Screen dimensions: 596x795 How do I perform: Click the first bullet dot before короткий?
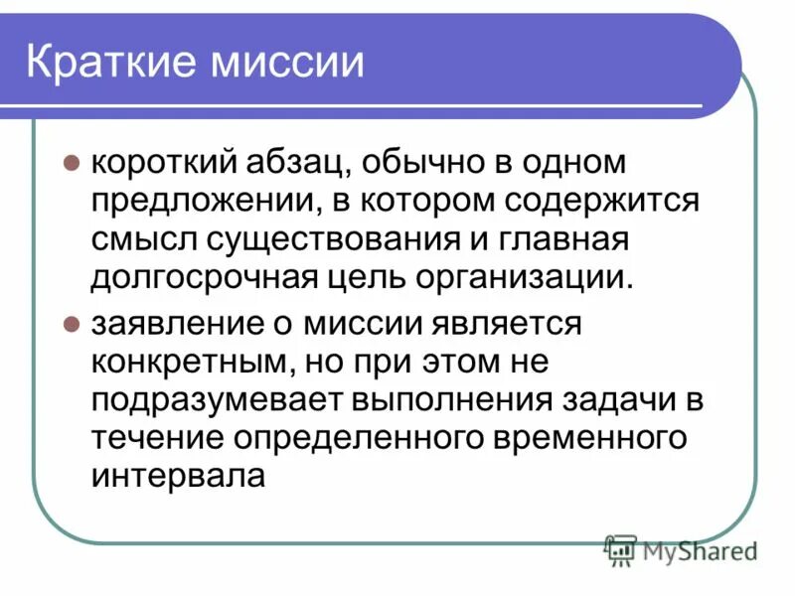tap(72, 162)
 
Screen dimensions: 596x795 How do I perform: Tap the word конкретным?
tap(187, 363)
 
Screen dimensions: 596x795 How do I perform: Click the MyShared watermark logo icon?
tap(621, 547)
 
